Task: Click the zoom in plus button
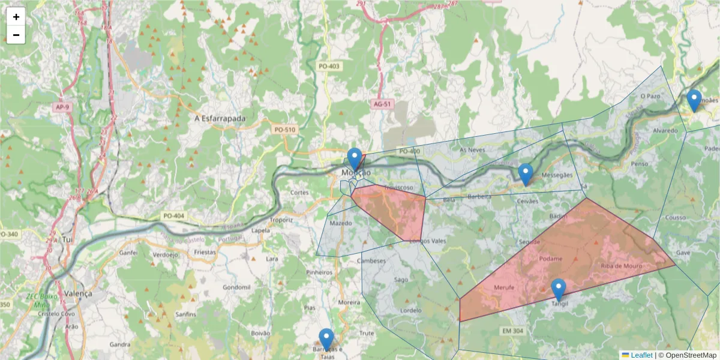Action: (16, 17)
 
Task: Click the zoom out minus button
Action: (16, 35)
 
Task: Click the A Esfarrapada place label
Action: (220, 119)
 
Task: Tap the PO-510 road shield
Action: (285, 130)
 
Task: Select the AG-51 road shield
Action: (382, 104)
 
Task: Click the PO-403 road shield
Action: (329, 66)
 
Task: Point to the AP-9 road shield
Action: (62, 107)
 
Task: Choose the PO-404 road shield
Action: (173, 216)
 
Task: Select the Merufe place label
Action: (504, 287)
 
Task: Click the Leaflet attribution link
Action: (641, 355)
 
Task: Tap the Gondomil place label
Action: (236, 287)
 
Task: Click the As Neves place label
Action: (471, 149)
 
